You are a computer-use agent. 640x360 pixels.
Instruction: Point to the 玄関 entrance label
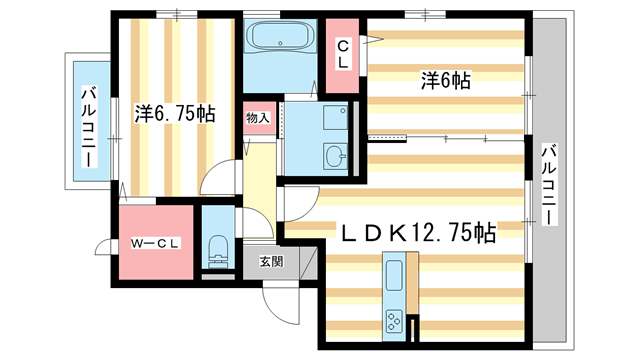tap(271, 262)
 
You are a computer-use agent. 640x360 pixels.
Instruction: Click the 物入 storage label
tap(258, 118)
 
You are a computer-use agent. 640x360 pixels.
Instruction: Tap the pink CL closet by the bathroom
tap(342, 56)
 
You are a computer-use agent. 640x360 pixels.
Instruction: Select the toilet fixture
tap(217, 249)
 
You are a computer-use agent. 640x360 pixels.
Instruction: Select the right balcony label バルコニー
tap(549, 186)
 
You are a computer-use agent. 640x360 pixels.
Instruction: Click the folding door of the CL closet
tap(370, 40)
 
